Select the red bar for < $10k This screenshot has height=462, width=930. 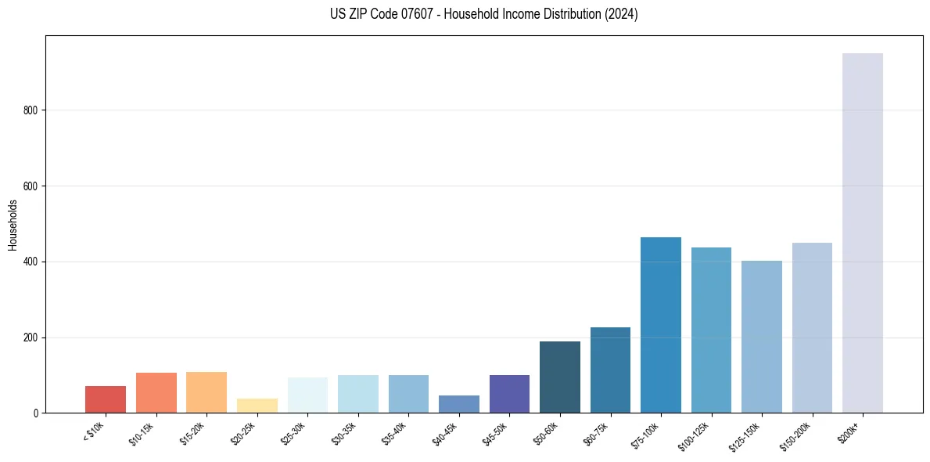tap(106, 399)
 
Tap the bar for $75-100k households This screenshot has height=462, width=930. tap(660, 325)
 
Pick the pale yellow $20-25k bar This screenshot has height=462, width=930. tap(257, 406)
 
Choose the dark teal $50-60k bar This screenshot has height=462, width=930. tap(559, 377)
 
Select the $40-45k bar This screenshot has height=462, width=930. tap(459, 404)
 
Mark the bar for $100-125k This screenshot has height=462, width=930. tap(711, 330)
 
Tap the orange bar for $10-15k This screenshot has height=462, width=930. tap(156, 392)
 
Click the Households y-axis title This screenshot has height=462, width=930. tap(13, 224)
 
